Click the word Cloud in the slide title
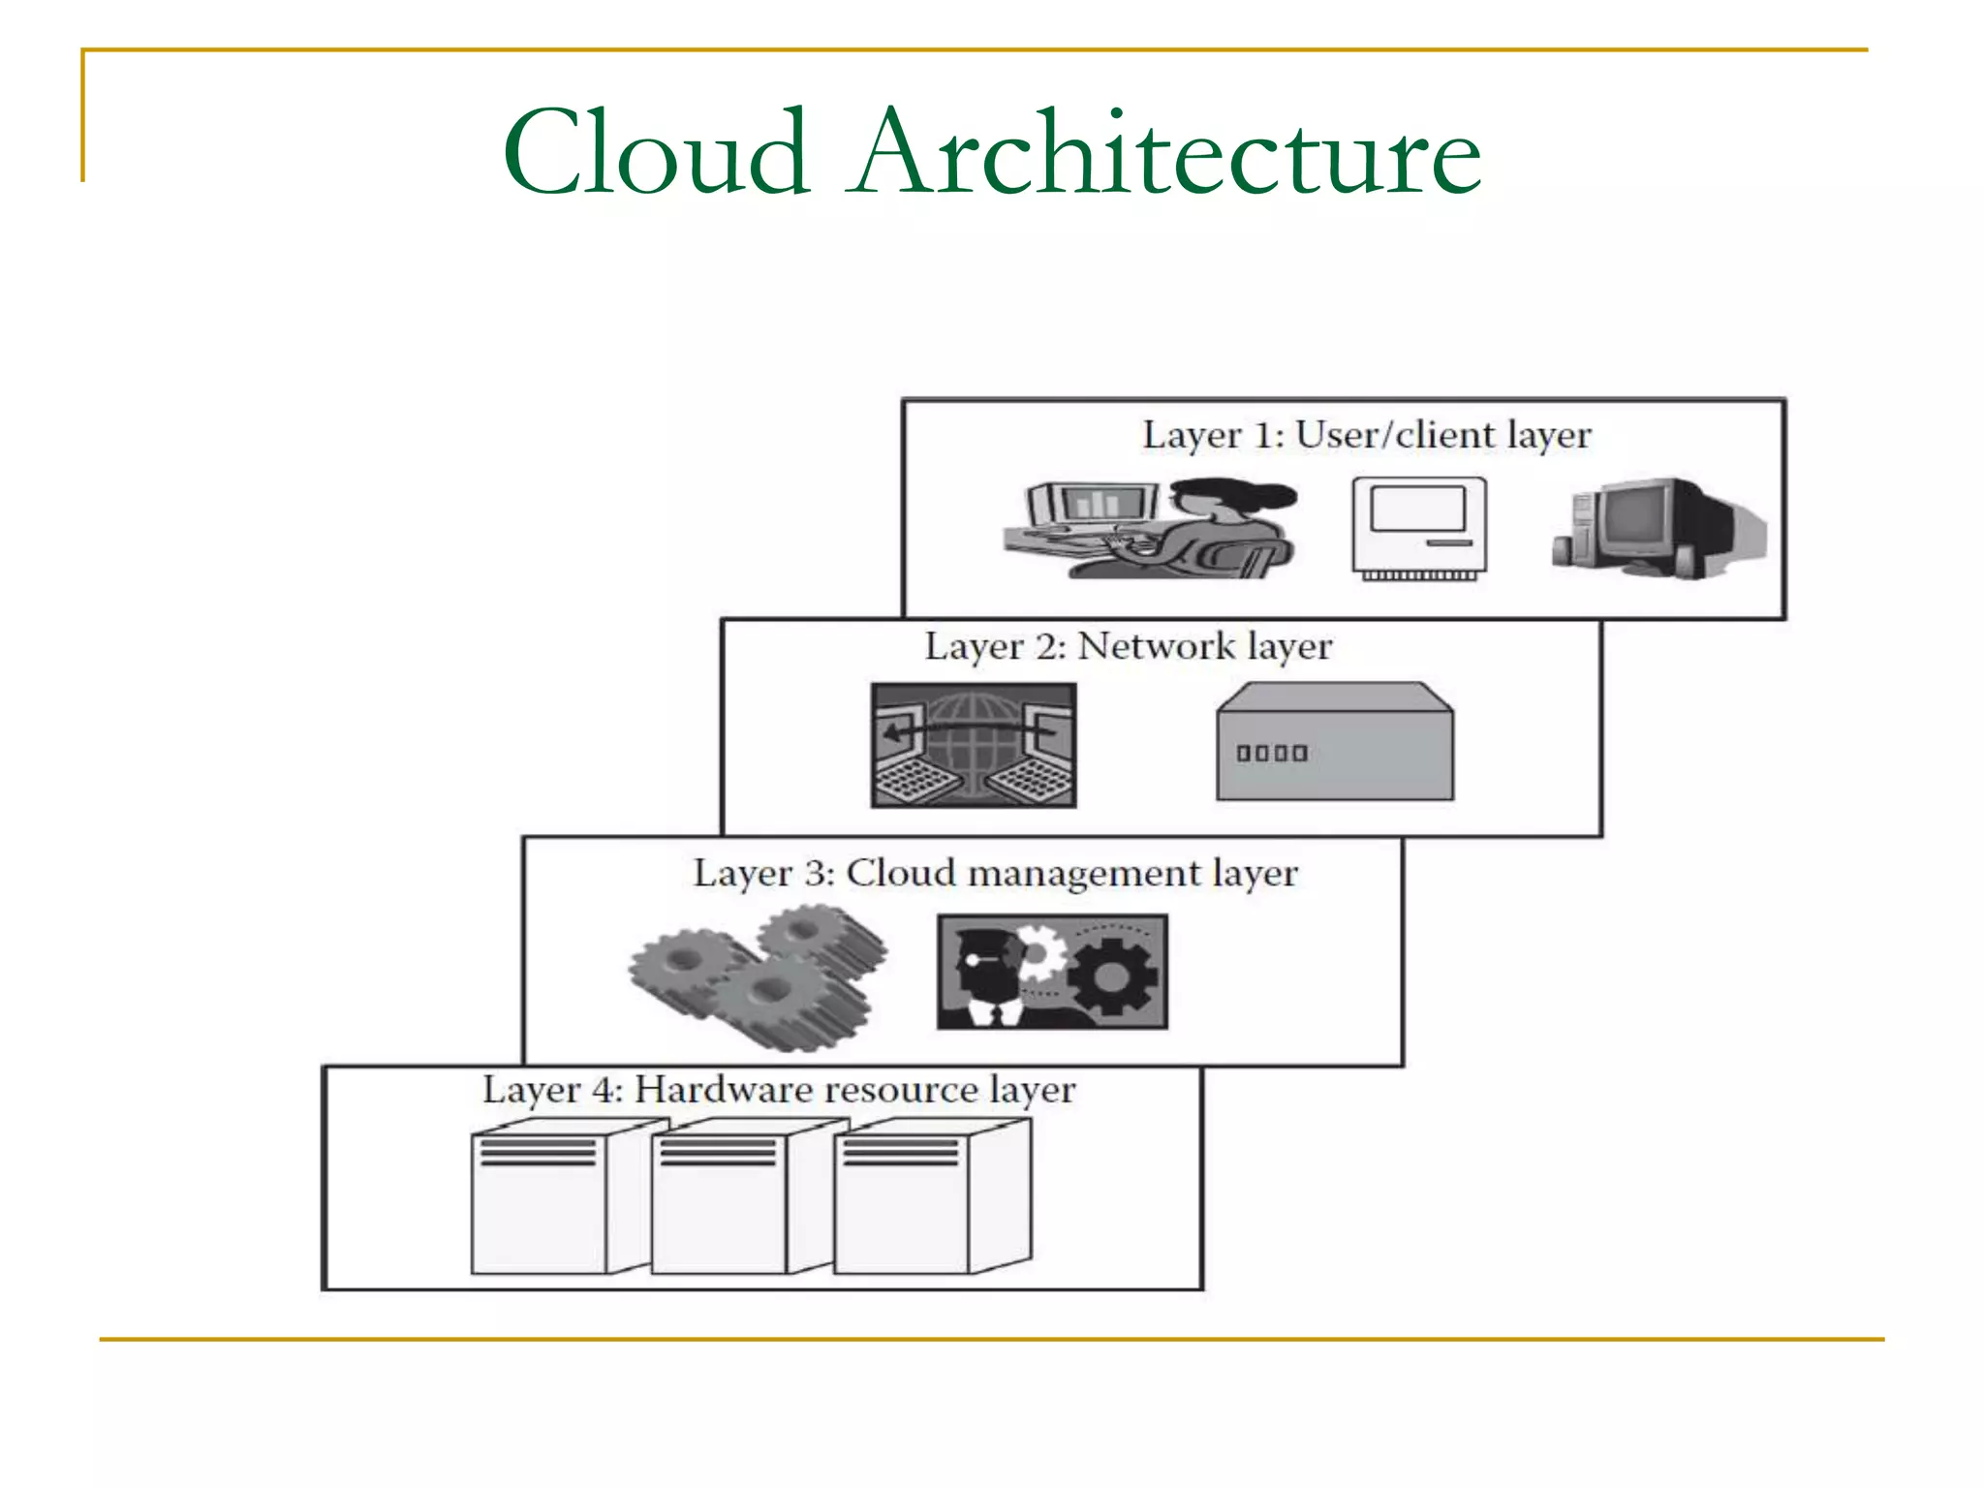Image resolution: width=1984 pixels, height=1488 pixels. point(656,153)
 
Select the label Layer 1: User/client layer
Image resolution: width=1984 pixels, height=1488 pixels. point(1366,435)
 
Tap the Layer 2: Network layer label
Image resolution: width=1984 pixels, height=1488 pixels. point(1128,646)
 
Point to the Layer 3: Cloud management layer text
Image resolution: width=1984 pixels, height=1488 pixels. point(995,873)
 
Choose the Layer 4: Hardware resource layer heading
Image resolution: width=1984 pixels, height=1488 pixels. point(779,1090)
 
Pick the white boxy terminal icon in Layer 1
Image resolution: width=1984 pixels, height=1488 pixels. point(1419,528)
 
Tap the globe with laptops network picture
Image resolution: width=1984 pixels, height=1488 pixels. point(973,745)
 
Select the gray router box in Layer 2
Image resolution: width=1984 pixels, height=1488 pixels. point(1335,742)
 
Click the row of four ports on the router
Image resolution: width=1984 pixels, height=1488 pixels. point(1271,753)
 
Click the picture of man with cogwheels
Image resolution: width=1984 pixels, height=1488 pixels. point(1052,972)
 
